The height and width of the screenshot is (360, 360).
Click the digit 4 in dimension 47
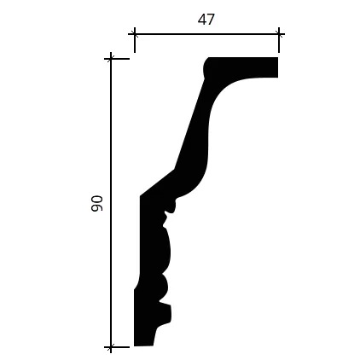tap(202, 20)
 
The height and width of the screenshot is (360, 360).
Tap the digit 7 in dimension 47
tap(211, 20)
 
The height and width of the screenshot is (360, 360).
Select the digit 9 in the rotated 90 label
tap(96, 207)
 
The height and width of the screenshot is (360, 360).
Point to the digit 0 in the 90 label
tap(96, 200)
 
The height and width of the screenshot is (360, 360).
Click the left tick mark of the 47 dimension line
tap(135, 35)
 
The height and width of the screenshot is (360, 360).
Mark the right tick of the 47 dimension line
tap(279, 35)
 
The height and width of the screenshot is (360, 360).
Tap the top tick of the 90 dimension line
tap(111, 59)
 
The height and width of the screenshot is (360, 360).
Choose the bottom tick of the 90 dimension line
tap(111, 347)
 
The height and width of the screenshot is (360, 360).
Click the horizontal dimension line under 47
tap(206, 35)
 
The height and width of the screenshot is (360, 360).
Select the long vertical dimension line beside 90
tap(111, 202)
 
